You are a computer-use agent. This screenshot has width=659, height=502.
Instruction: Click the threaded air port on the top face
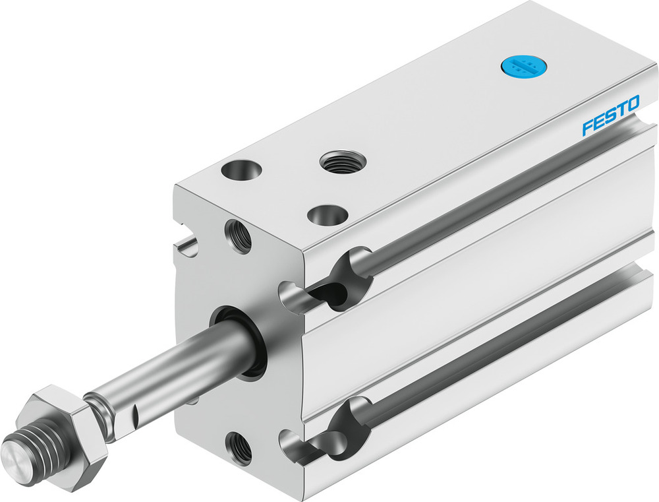(336, 160)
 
